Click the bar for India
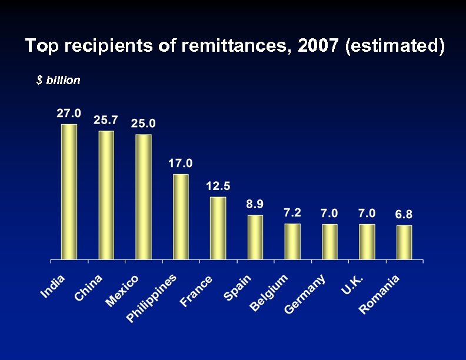[x=69, y=191]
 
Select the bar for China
[x=106, y=195]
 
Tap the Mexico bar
[x=143, y=196]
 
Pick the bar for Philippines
[x=181, y=216]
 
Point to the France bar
[x=218, y=228]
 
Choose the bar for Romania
[x=404, y=242]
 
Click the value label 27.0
[x=69, y=114]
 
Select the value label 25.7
[x=106, y=120]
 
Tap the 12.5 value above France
[x=218, y=186]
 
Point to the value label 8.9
[x=255, y=204]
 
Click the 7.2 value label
[x=292, y=212]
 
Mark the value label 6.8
[x=404, y=214]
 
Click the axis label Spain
[x=238, y=288]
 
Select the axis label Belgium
[x=269, y=293]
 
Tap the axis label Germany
[x=305, y=295]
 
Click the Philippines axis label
[x=152, y=298]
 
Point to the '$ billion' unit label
[x=58, y=81]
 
